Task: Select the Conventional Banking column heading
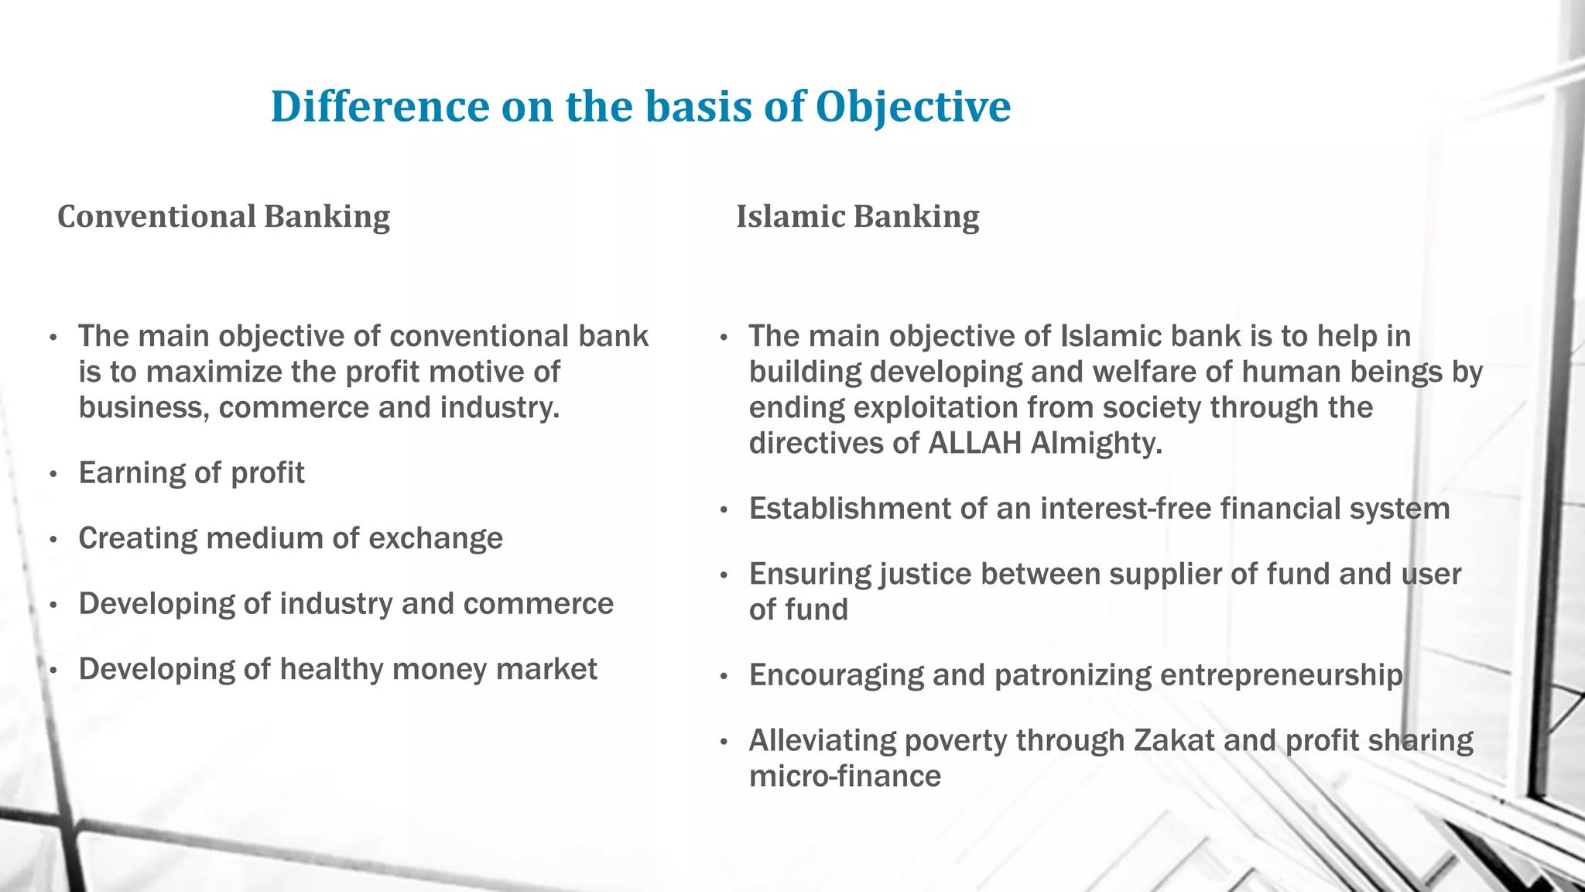224,216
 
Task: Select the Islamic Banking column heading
858,216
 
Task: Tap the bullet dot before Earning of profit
53,475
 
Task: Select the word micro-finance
844,776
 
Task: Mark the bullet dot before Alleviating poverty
724,743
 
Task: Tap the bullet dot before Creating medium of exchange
53,540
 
